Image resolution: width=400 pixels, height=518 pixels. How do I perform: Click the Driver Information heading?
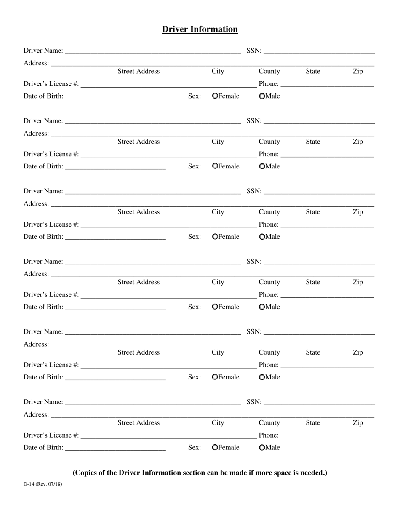(x=200, y=29)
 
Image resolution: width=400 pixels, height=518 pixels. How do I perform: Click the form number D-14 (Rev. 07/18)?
(x=43, y=484)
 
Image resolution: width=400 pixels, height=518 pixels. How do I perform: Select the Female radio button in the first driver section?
(x=215, y=96)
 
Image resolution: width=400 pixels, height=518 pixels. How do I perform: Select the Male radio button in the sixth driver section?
(x=262, y=448)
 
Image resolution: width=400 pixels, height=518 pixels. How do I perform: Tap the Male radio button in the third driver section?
(x=262, y=237)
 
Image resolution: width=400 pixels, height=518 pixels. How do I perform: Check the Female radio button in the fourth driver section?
(x=215, y=307)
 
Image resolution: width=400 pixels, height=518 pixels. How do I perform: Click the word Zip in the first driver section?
(x=357, y=71)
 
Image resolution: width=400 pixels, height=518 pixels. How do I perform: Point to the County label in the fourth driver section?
(x=269, y=282)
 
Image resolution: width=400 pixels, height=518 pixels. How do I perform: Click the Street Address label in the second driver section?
(x=139, y=142)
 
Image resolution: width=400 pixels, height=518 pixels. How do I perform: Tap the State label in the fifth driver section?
(x=313, y=352)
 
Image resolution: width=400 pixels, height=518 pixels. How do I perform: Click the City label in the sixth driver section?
(x=218, y=423)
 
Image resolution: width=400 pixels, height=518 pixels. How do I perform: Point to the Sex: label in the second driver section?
(x=194, y=166)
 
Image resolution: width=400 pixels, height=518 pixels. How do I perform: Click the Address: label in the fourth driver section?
(x=36, y=274)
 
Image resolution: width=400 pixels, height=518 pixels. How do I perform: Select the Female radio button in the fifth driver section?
(x=215, y=377)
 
